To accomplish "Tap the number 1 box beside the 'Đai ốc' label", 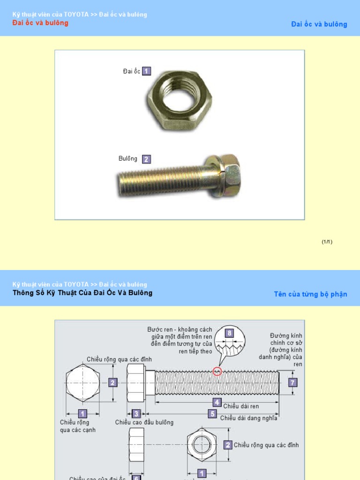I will pyautogui.click(x=147, y=71).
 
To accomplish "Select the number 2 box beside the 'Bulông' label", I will pyautogui.click(x=146, y=159).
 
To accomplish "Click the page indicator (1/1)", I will pyautogui.click(x=327, y=242).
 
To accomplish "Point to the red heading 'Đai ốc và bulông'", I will pyautogui.click(x=40, y=23).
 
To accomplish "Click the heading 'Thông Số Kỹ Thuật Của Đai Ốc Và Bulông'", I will pyautogui.click(x=82, y=293).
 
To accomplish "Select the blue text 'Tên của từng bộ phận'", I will pyautogui.click(x=310, y=294).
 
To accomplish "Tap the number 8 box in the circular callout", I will pyautogui.click(x=229, y=333).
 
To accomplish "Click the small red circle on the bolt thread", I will pyautogui.click(x=217, y=372).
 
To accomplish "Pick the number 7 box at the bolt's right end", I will pyautogui.click(x=293, y=382).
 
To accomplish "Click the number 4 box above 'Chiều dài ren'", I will pyautogui.click(x=217, y=402).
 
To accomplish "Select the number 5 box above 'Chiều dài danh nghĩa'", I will pyautogui.click(x=213, y=414).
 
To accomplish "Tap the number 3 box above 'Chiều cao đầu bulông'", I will pyautogui.click(x=136, y=414).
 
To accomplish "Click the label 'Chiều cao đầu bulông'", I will pyautogui.click(x=144, y=422).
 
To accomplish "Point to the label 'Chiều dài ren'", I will pyautogui.click(x=241, y=406).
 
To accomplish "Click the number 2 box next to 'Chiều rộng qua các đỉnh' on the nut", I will pyautogui.click(x=228, y=445).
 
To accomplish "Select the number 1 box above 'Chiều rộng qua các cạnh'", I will pyautogui.click(x=82, y=413).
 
